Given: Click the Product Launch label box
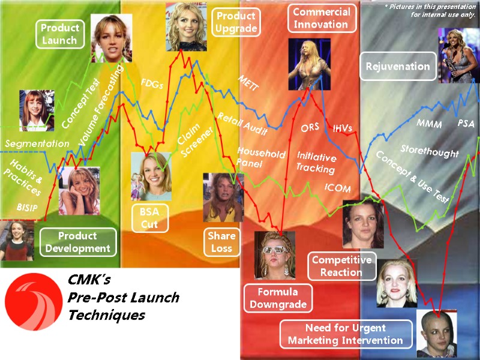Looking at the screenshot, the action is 59,34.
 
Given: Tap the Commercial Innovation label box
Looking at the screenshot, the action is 321,19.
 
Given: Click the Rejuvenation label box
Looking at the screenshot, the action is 398,67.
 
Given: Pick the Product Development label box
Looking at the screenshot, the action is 78,242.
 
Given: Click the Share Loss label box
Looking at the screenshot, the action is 222,242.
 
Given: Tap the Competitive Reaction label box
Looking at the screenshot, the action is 341,266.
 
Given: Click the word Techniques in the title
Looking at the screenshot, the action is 106,315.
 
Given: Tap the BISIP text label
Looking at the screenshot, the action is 26,208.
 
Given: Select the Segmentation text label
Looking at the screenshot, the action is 37,144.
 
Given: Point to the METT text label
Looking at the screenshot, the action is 248,83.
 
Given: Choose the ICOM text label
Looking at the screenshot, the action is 338,188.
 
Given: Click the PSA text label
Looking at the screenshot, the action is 466,123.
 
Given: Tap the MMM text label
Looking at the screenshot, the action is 429,124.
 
